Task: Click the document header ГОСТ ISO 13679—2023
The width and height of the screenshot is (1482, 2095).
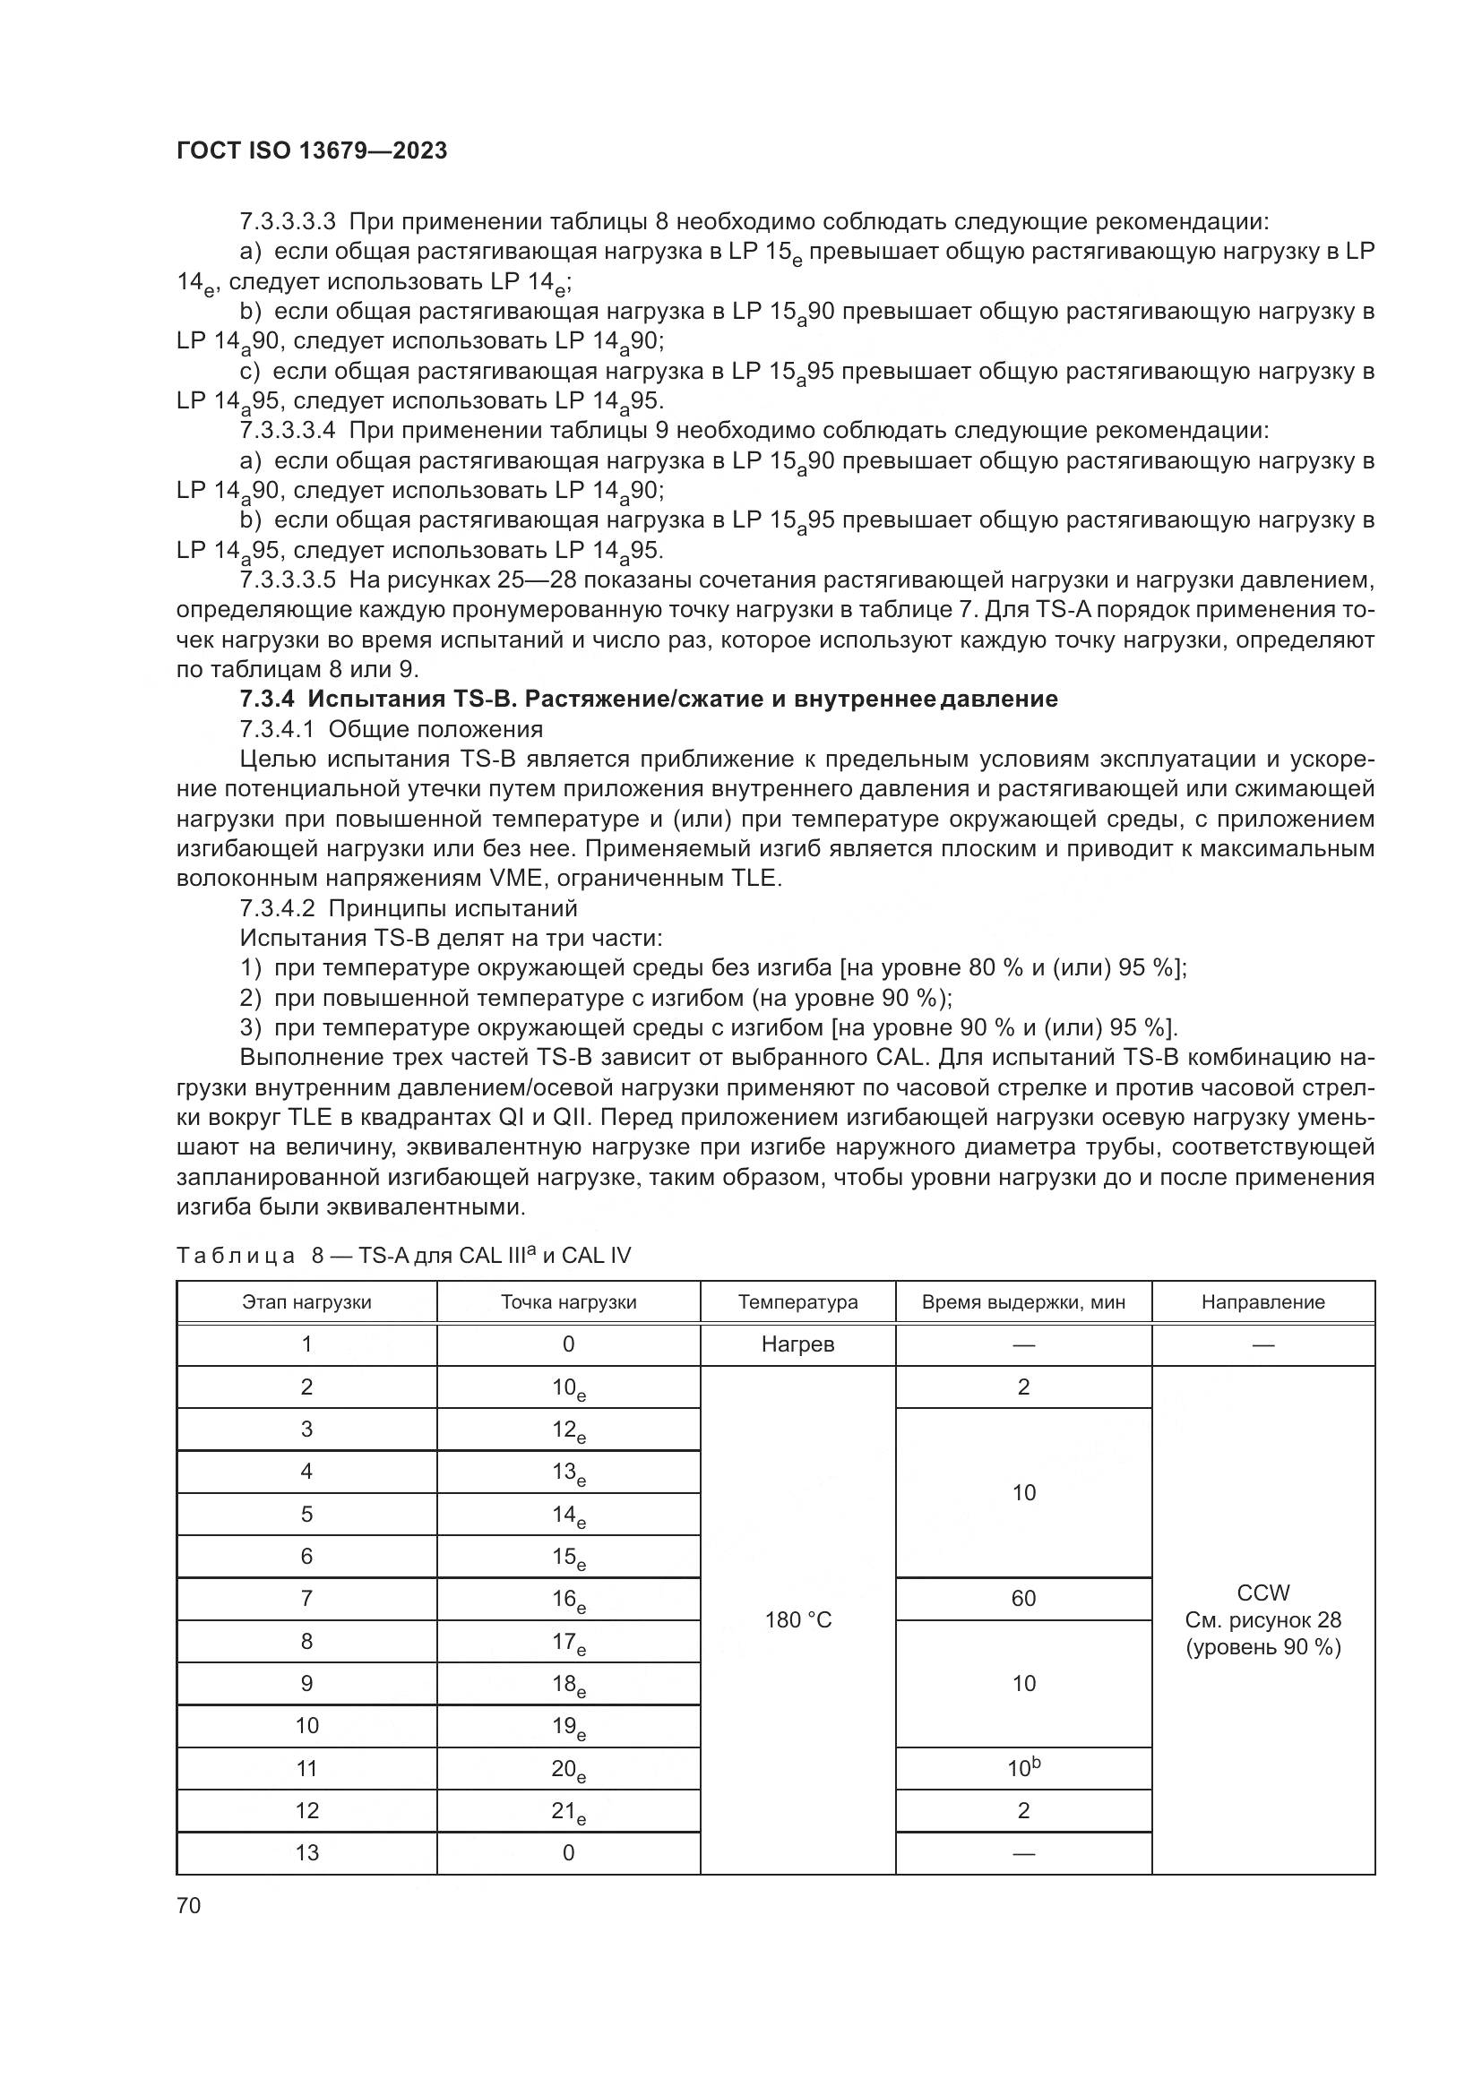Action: pos(311,151)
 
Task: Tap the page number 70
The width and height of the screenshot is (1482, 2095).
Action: pos(189,1905)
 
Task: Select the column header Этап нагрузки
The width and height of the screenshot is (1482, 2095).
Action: pos(306,1302)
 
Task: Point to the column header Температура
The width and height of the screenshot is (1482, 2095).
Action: pos(797,1302)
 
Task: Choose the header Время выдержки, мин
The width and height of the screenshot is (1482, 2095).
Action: pos(1023,1302)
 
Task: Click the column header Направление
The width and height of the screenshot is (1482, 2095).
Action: pos(1263,1302)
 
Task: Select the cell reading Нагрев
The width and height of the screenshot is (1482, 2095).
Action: pos(797,1345)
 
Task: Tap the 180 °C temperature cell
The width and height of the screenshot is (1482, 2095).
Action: pos(797,1619)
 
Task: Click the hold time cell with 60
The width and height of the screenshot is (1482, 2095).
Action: pos(1023,1598)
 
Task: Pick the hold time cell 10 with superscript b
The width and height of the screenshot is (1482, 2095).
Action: pos(1023,1768)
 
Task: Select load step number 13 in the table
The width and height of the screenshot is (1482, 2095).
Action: pos(306,1852)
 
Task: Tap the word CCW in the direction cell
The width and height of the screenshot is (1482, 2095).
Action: pos(1263,1593)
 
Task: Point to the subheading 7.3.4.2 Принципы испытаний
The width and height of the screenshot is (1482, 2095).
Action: pos(408,908)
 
